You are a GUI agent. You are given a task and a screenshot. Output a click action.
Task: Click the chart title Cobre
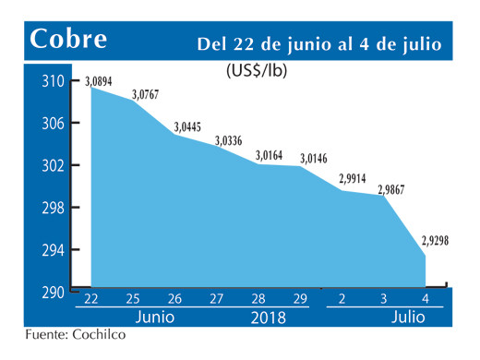click(x=67, y=40)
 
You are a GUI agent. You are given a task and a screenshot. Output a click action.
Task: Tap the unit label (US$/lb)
click(x=255, y=71)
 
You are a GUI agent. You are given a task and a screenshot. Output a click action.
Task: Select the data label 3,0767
click(x=145, y=94)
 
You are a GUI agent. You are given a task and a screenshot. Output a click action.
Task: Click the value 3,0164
click(x=270, y=155)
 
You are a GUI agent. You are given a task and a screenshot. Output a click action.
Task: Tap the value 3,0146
click(x=313, y=158)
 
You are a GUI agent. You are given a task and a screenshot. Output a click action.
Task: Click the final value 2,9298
click(x=436, y=241)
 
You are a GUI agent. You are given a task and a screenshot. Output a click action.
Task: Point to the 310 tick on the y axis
click(x=55, y=81)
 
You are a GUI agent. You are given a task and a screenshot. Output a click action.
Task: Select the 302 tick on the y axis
click(x=55, y=165)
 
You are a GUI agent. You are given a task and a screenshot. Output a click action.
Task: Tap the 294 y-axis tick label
click(x=55, y=249)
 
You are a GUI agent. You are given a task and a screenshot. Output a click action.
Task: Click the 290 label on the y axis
click(x=55, y=293)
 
